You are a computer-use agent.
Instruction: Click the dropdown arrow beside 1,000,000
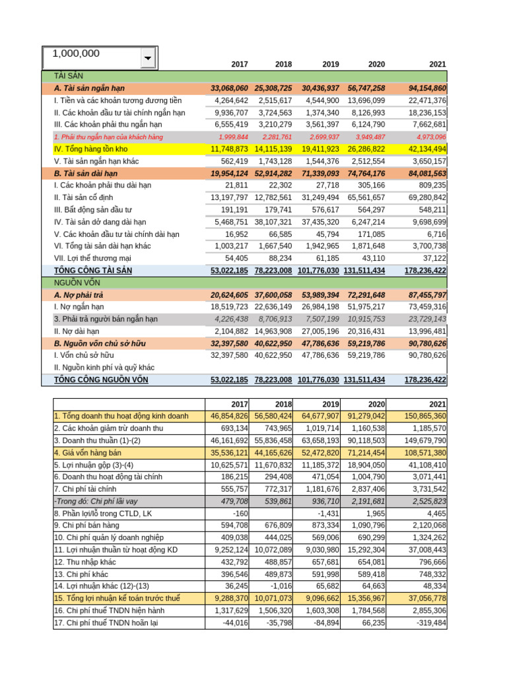tap(147, 59)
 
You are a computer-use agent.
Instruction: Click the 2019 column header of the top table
tap(331, 64)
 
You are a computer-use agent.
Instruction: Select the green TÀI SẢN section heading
tap(69, 76)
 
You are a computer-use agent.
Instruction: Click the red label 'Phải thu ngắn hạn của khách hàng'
tap(108, 137)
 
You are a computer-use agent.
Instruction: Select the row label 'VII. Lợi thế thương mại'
tap(92, 258)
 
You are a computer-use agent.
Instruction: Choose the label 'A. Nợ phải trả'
tap(79, 295)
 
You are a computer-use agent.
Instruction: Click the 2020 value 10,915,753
tap(364, 319)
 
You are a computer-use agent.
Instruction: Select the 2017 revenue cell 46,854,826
tap(229, 416)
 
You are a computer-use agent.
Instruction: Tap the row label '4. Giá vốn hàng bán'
tap(88, 452)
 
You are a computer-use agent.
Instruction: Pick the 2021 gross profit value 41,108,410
tap(422, 465)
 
